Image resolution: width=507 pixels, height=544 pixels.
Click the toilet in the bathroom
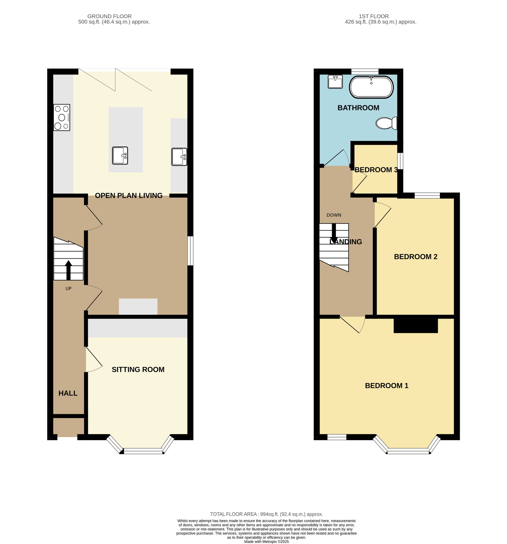[x=386, y=123]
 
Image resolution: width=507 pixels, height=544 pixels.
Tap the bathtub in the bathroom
[x=371, y=87]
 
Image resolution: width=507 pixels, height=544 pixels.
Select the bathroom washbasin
[x=335, y=82]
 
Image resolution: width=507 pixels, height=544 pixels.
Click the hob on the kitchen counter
[x=62, y=117]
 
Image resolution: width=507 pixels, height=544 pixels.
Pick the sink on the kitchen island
[x=120, y=155]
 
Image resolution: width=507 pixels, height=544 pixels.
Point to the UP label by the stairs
[x=68, y=288]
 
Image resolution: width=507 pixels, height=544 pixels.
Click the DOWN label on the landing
[x=334, y=215]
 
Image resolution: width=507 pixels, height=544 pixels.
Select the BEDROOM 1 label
[x=386, y=386]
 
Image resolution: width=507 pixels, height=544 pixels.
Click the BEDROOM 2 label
[x=415, y=257]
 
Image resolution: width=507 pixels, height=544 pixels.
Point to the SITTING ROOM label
[x=138, y=369]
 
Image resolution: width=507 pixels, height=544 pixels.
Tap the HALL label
[x=68, y=393]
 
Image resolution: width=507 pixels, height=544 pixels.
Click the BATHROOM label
[x=358, y=108]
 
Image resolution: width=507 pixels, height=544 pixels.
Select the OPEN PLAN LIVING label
[x=129, y=196]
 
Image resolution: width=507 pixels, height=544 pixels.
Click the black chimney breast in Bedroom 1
[x=415, y=326]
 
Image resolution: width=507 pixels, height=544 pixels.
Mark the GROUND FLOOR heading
[x=110, y=16]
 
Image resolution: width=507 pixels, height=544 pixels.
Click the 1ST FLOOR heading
[x=373, y=16]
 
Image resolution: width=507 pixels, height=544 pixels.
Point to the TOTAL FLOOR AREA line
[x=266, y=514]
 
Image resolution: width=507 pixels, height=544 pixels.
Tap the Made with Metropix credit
[x=266, y=541]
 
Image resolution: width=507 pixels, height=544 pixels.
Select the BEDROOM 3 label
[x=376, y=170]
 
